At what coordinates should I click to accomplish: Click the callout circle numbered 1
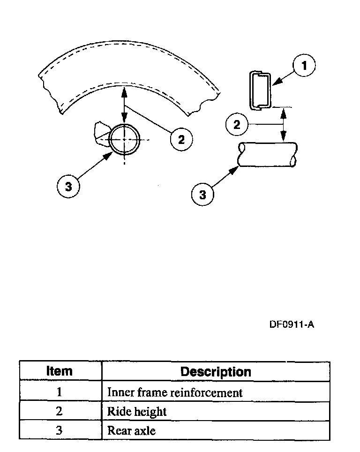(x=304, y=66)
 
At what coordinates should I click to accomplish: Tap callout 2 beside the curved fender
(x=181, y=138)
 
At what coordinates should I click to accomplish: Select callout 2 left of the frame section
(x=237, y=124)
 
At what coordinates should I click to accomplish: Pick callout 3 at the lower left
(x=68, y=186)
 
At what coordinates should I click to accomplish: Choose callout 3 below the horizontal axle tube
(x=202, y=194)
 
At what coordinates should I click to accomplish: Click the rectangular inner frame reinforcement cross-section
(x=260, y=90)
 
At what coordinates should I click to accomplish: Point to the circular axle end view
(x=125, y=140)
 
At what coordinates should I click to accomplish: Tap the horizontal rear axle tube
(x=267, y=154)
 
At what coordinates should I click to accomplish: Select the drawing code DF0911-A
(x=292, y=324)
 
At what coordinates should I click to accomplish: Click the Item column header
(x=60, y=371)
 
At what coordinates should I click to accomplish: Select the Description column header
(x=216, y=372)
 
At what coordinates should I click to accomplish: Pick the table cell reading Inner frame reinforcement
(x=175, y=392)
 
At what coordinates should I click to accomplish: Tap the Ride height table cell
(x=137, y=412)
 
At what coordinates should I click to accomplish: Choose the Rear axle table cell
(x=131, y=430)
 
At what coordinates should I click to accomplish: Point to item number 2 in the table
(x=60, y=412)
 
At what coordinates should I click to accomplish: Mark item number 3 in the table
(x=60, y=430)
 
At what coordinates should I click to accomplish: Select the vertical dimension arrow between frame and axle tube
(x=284, y=124)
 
